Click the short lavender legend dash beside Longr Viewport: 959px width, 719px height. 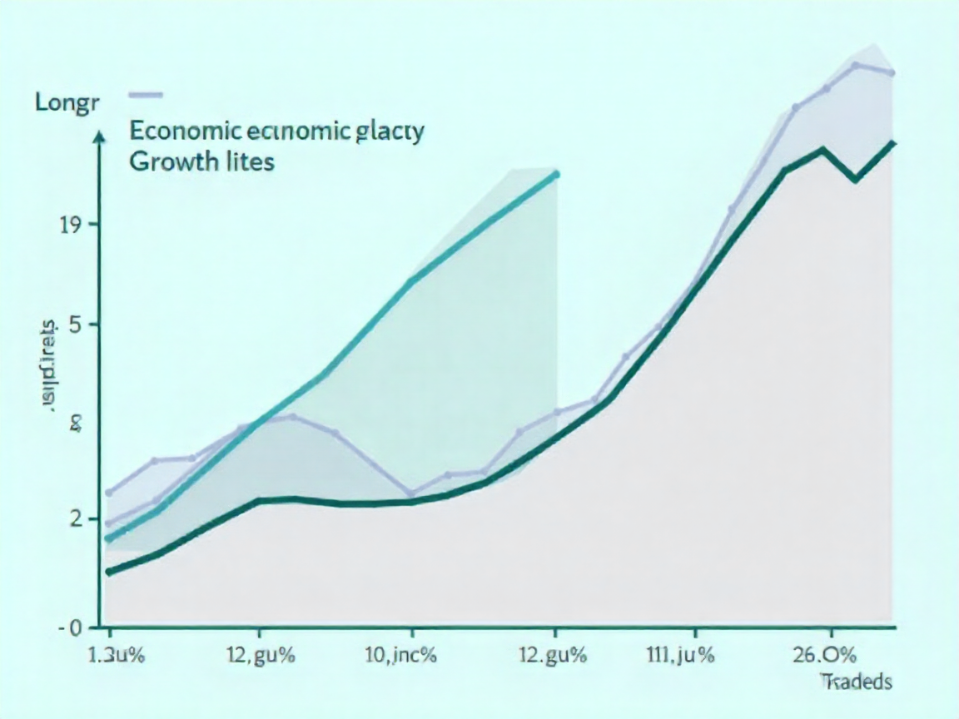(147, 93)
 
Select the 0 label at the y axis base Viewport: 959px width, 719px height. (76, 627)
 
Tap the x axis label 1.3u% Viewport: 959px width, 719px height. (116, 654)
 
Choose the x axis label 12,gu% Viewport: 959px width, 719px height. (260, 654)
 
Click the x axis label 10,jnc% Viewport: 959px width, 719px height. (401, 654)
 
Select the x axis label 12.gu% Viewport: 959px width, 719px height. (552, 654)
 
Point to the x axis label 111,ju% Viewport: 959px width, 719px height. (680, 654)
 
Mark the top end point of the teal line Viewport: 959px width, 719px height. (556, 174)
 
